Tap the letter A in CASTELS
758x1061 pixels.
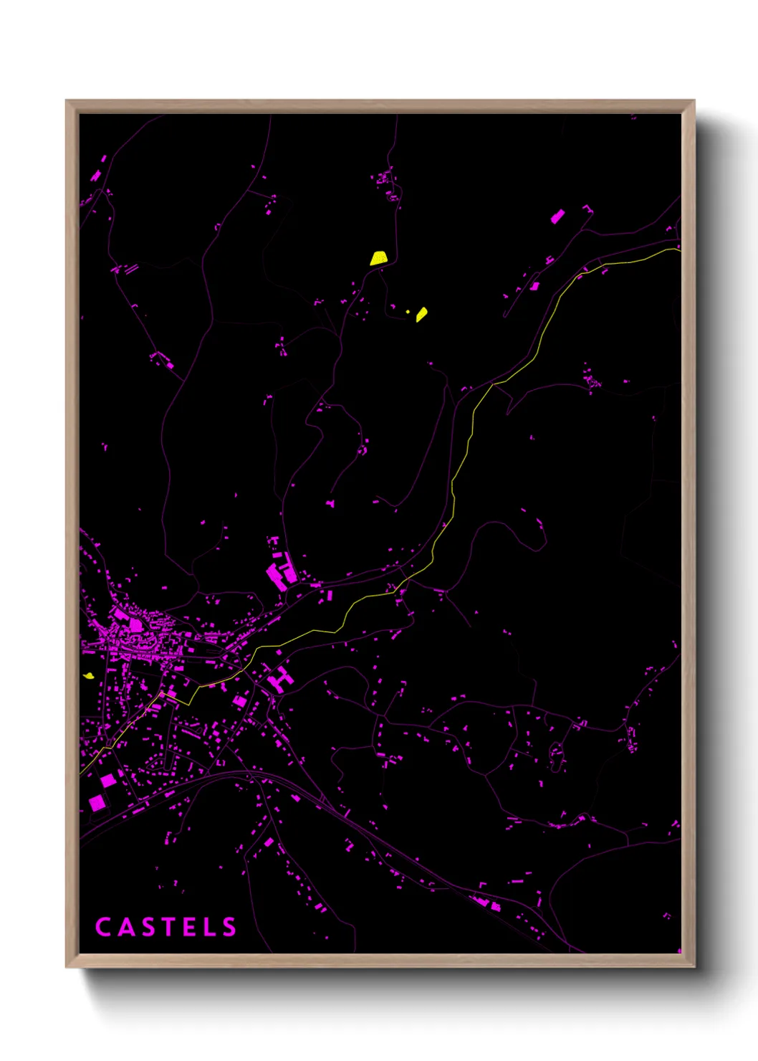click(125, 927)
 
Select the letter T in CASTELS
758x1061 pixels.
click(167, 927)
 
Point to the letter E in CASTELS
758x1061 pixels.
click(188, 927)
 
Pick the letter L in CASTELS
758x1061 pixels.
click(208, 927)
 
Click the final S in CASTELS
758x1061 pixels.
click(229, 927)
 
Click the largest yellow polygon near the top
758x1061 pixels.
click(378, 258)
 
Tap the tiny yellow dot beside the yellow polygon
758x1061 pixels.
click(408, 311)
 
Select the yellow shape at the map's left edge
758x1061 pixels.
click(88, 675)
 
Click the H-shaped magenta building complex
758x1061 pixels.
click(282, 678)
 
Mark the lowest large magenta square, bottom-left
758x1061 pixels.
click(97, 802)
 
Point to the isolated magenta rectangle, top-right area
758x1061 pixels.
click(557, 216)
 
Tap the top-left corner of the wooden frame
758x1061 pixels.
click(67, 102)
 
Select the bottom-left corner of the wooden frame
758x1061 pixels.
click(67, 966)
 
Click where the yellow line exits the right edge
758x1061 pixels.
click(679, 249)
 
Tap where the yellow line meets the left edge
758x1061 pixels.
click(81, 773)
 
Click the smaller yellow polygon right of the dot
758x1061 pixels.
click(422, 314)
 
